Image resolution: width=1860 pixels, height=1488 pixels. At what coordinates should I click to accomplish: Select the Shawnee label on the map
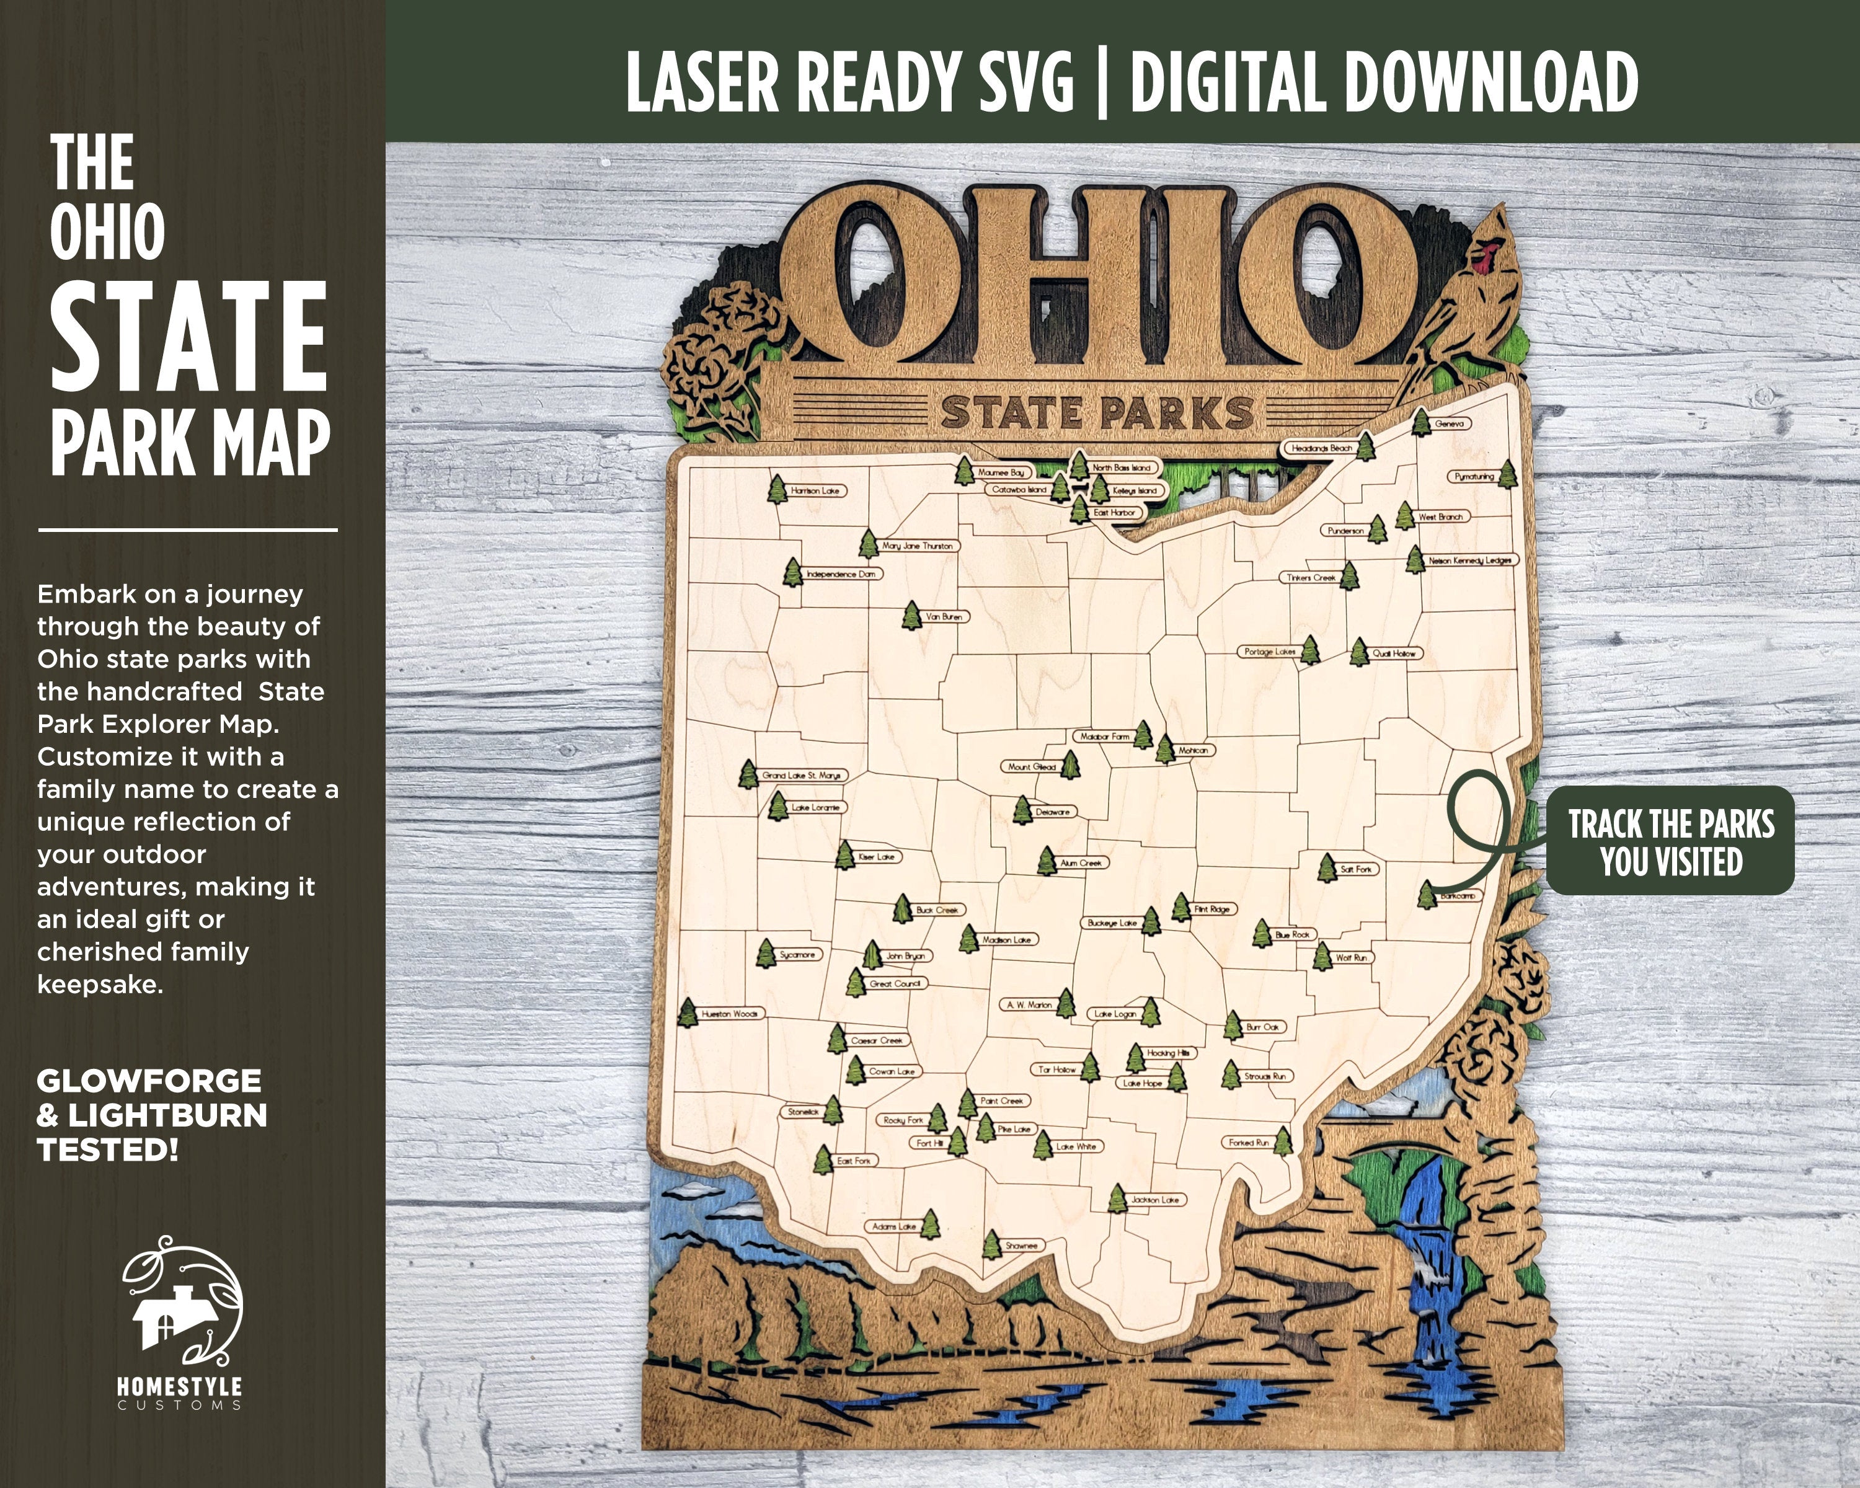[x=1021, y=1246]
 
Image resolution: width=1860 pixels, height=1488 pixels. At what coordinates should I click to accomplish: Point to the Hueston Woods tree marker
[x=688, y=1012]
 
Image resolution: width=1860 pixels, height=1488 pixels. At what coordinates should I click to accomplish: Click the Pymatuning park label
[x=1474, y=476]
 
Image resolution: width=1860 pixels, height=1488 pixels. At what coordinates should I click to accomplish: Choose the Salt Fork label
[x=1356, y=869]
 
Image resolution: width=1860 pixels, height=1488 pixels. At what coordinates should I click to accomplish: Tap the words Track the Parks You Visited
[x=1670, y=841]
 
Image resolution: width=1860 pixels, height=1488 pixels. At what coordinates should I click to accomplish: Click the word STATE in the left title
[x=188, y=337]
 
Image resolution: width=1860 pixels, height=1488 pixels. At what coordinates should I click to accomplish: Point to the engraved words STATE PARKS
[x=1097, y=413]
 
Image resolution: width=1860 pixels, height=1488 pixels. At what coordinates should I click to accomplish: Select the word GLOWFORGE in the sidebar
[x=148, y=1081]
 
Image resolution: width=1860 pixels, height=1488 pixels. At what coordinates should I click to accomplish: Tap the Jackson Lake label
[x=1155, y=1200]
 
